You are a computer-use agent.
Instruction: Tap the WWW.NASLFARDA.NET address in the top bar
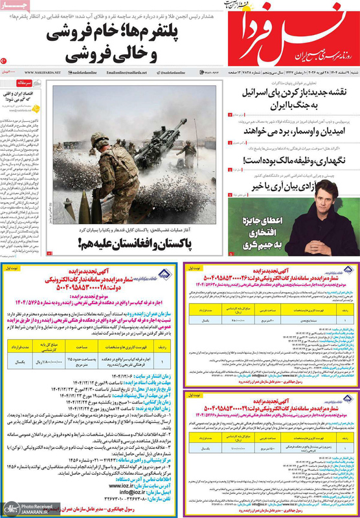(x=42, y=73)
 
